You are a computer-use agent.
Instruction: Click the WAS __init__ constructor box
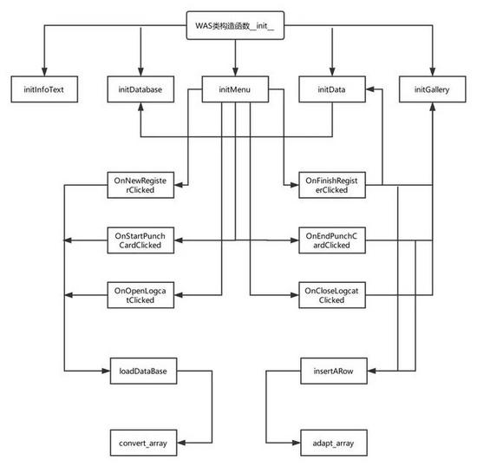235,25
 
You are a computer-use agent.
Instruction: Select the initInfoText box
44,89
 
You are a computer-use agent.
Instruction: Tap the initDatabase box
140,89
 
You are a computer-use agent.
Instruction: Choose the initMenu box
235,89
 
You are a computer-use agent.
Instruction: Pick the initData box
332,89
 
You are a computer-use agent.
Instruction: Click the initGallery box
432,89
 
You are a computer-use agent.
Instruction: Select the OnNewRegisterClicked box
140,185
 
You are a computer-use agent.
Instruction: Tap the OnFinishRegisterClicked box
332,185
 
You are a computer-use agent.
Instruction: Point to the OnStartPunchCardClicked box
140,240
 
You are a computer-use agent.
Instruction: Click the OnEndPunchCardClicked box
332,240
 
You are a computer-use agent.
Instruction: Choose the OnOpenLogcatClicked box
140,295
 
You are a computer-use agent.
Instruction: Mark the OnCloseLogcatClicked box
332,295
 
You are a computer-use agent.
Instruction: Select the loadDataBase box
143,371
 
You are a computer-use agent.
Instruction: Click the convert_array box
143,443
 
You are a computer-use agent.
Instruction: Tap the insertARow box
334,371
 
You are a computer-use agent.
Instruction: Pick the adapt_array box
334,443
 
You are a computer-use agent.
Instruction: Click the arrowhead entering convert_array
181,443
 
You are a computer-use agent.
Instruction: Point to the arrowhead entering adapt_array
297,443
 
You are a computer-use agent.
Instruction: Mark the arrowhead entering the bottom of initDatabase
140,107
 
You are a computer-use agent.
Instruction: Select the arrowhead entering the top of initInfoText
44,72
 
